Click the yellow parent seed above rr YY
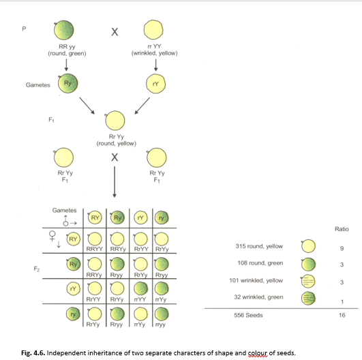[x=154, y=31]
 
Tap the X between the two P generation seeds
[x=115, y=32]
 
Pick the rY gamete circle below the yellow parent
[x=155, y=84]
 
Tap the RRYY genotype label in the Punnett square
[x=93, y=250]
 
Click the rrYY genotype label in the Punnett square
[x=139, y=299]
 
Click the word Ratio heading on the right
[x=342, y=228]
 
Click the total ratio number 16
[x=342, y=316]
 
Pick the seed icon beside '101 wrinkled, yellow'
[x=308, y=280]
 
